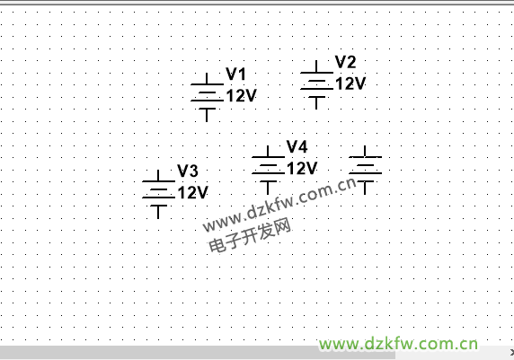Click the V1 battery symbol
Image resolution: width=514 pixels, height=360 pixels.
click(x=207, y=97)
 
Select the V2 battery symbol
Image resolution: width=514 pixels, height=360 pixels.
click(x=316, y=85)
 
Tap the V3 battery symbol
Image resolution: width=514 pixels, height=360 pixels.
click(x=158, y=194)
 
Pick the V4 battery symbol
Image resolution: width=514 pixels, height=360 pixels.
click(x=268, y=170)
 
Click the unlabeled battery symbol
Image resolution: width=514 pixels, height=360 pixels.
click(x=365, y=170)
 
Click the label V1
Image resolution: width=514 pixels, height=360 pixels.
click(x=235, y=74)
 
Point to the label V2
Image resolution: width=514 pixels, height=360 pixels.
click(x=345, y=62)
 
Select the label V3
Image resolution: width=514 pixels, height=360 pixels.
click(x=188, y=171)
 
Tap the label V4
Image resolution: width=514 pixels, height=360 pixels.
click(x=297, y=146)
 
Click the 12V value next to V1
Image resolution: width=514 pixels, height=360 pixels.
click(x=241, y=96)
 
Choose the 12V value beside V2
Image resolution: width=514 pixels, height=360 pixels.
click(x=350, y=83)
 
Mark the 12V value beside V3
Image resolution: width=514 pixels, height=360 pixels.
click(x=192, y=192)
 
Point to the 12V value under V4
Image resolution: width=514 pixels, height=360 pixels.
click(x=302, y=169)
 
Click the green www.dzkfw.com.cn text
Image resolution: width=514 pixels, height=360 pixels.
click(x=398, y=344)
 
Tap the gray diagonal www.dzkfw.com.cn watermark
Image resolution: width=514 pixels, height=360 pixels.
click(x=279, y=205)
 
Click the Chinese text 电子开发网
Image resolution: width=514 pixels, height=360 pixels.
click(x=250, y=235)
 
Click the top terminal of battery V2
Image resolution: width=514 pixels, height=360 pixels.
click(x=316, y=61)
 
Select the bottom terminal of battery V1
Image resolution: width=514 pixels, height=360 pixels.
click(x=207, y=121)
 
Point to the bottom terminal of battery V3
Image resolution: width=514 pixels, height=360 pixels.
click(x=158, y=218)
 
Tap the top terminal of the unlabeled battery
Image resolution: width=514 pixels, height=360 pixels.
click(x=365, y=146)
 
